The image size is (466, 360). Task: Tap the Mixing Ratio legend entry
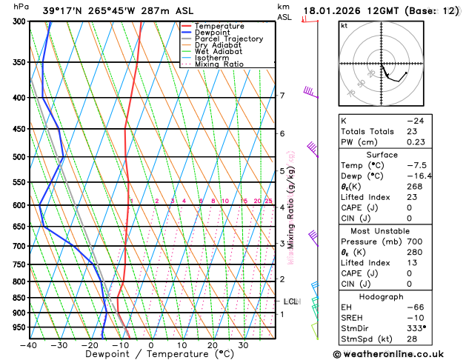point(219,64)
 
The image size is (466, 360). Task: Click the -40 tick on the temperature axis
point(30,344)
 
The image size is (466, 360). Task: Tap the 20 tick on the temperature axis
point(213,344)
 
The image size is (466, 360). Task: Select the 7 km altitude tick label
point(282,96)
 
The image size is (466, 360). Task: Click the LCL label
point(290,301)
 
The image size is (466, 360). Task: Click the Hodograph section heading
point(398,296)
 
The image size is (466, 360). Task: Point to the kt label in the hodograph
point(344,26)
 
